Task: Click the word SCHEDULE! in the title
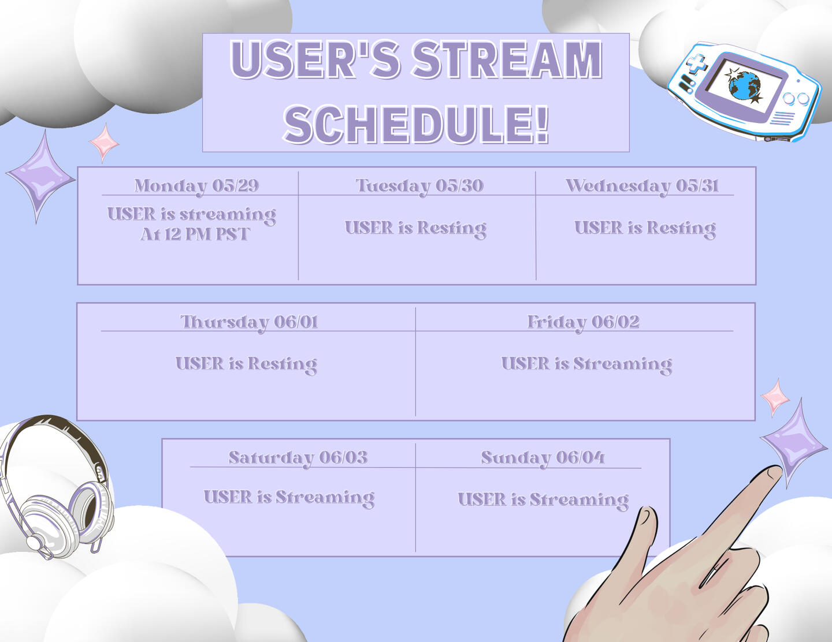coord(416,124)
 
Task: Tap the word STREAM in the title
coord(507,60)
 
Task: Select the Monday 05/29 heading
coord(196,186)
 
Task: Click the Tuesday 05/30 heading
coord(419,186)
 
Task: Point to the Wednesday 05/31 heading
coord(642,186)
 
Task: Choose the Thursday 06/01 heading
coord(249,323)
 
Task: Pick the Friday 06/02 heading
coord(584,323)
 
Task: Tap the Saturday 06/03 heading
coord(298,458)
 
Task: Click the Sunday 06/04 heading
coord(543,458)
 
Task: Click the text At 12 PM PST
coord(195,234)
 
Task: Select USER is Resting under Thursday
coord(246,364)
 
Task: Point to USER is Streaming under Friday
coord(586,364)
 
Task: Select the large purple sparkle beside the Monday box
coord(40,177)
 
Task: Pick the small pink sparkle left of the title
coord(104,143)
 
